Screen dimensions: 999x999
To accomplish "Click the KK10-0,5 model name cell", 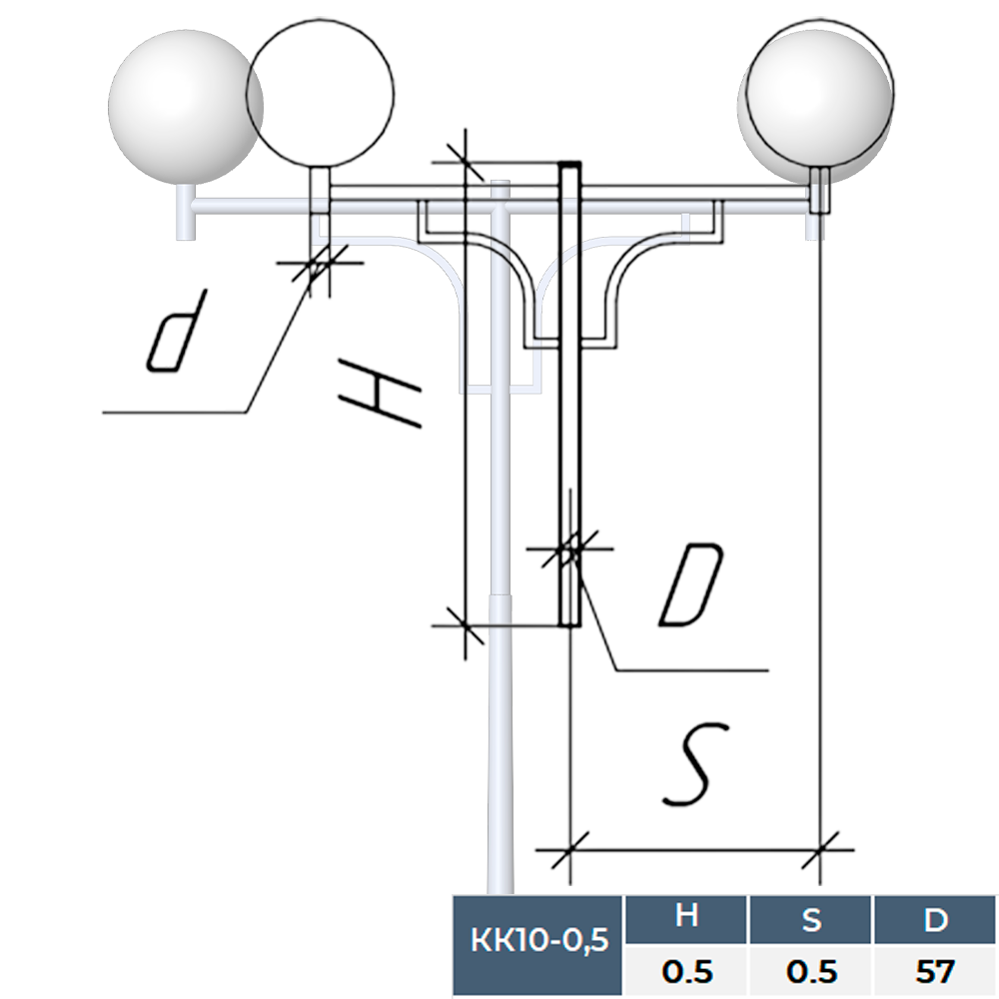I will click(537, 941).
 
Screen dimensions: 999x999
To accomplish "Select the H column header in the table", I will click(685, 918).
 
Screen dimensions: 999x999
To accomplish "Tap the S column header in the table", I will click(811, 918).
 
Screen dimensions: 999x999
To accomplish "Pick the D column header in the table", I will click(935, 918).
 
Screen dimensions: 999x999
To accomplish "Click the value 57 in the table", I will click(935, 971).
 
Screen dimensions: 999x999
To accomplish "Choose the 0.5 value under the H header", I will click(685, 971).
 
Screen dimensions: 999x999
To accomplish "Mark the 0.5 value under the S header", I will click(811, 971).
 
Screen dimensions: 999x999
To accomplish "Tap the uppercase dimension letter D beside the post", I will click(690, 585).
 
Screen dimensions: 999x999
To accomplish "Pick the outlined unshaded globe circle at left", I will click(321, 90).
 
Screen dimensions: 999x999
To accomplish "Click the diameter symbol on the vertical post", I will click(568, 549).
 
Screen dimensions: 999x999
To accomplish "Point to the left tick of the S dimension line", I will click(569, 851).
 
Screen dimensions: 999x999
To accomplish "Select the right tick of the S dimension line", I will click(820, 851).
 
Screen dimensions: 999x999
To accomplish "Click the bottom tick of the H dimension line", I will click(466, 624).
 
